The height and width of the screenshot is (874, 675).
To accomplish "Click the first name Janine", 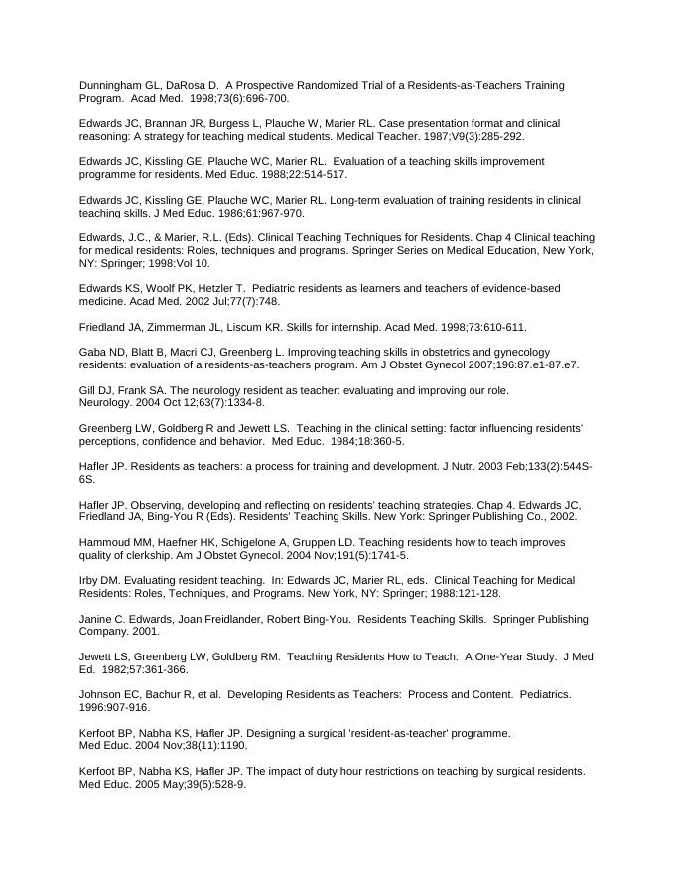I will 95,620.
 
